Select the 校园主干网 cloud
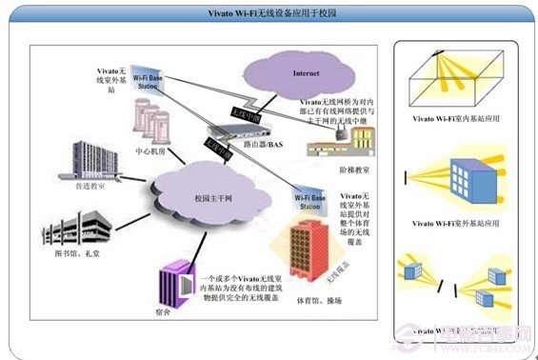216,197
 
